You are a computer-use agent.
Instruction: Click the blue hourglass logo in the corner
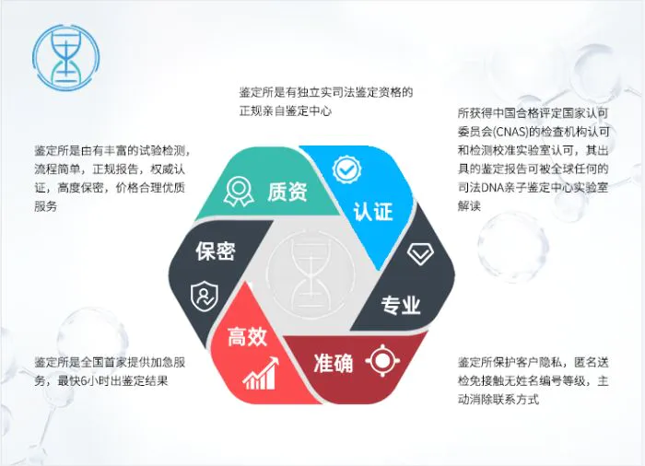(x=66, y=57)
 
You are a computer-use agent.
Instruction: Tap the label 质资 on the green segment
(x=287, y=192)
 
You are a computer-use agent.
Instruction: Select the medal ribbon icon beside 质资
(x=239, y=192)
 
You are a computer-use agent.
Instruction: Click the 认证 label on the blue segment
(x=372, y=212)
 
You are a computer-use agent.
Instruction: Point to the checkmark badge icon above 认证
(x=346, y=169)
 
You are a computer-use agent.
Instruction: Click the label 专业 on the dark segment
(x=400, y=305)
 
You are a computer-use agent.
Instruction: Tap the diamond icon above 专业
(x=420, y=254)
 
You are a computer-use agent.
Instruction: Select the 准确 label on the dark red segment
(x=334, y=363)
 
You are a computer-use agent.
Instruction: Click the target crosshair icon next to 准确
(x=382, y=361)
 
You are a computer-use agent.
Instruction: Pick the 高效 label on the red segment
(x=247, y=336)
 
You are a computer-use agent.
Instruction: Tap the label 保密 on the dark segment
(x=215, y=250)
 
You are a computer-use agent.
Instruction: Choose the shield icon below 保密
(x=204, y=297)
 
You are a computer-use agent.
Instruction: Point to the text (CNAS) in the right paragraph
(x=510, y=132)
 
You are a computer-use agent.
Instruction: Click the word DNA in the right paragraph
(x=491, y=188)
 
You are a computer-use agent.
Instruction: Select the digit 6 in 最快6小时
(x=84, y=381)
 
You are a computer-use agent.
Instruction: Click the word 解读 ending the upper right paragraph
(x=469, y=205)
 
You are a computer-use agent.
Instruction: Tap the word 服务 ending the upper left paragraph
(x=46, y=206)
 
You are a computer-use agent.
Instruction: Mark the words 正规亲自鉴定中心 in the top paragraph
(x=285, y=111)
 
